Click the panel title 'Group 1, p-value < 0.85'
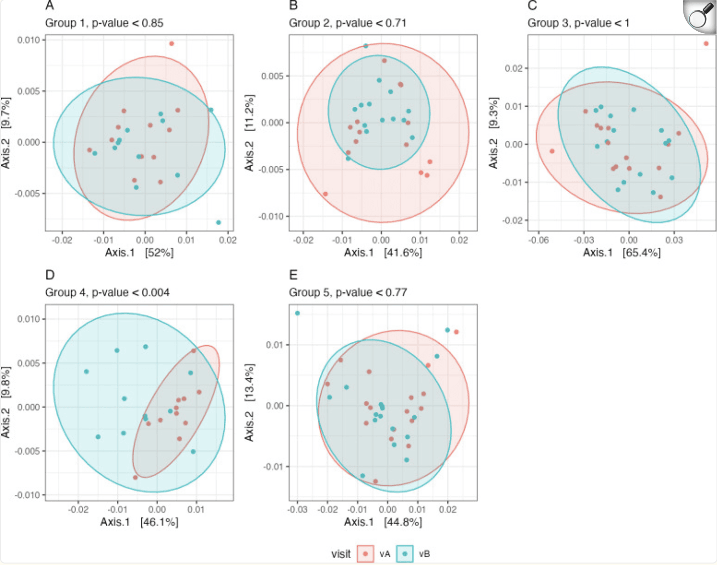(104, 23)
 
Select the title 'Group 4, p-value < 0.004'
(107, 292)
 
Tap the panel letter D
(50, 275)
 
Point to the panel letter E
(293, 275)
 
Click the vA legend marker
(365, 554)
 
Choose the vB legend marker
(405, 554)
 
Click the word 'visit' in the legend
(341, 554)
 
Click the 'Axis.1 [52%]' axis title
(139, 253)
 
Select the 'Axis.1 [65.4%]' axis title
(622, 253)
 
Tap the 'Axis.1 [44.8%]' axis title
(383, 522)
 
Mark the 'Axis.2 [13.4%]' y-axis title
(250, 403)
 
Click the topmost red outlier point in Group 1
(172, 44)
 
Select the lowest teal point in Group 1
(218, 222)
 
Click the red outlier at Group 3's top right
(706, 44)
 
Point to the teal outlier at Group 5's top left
(297, 313)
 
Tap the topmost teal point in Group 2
(366, 46)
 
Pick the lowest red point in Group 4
(136, 477)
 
